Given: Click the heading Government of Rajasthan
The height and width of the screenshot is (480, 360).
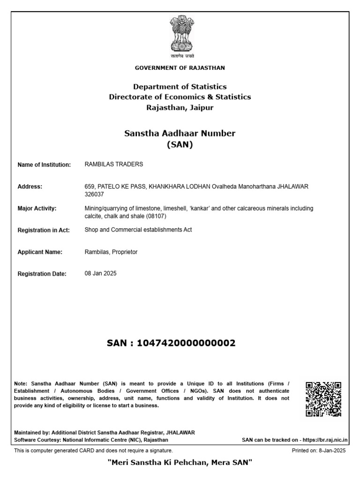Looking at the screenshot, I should [x=180, y=68].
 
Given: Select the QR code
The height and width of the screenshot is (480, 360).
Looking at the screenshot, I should [x=323, y=399].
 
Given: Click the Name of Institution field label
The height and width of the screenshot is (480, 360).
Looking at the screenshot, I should [x=44, y=165].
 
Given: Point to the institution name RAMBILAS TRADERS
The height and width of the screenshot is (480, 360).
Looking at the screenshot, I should [x=114, y=165].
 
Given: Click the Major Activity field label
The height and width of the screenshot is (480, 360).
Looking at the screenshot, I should [x=37, y=209].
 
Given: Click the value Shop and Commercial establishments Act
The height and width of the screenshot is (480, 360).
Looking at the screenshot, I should [x=138, y=230].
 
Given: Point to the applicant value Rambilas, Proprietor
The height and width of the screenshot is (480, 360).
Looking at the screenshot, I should [x=111, y=252].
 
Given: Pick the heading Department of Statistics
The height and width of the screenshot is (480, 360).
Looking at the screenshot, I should [x=180, y=87].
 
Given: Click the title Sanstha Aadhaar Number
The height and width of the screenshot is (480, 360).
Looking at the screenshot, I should [x=180, y=134].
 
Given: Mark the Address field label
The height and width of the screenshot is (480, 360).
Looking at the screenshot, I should [x=30, y=187].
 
